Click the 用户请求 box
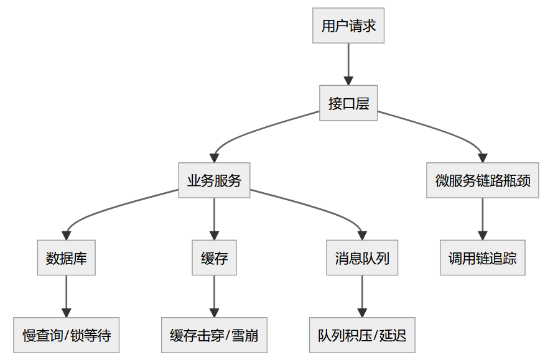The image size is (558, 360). point(348,25)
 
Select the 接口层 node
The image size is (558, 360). point(348,103)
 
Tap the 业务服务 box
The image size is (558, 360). point(214,180)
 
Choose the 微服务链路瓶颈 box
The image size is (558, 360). point(482,180)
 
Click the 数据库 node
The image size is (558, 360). point(67,257)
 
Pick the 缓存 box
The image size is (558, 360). point(214,257)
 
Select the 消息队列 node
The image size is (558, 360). point(362,257)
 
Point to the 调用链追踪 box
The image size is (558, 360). point(482,257)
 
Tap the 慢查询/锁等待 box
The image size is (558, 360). point(67,335)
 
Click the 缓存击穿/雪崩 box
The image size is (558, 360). point(214,335)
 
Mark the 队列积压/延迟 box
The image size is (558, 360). point(362,335)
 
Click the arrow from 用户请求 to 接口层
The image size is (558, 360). point(348,64)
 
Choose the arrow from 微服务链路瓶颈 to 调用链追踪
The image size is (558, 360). point(482,219)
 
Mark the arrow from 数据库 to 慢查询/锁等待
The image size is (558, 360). point(67,296)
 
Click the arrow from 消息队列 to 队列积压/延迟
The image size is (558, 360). point(362,296)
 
